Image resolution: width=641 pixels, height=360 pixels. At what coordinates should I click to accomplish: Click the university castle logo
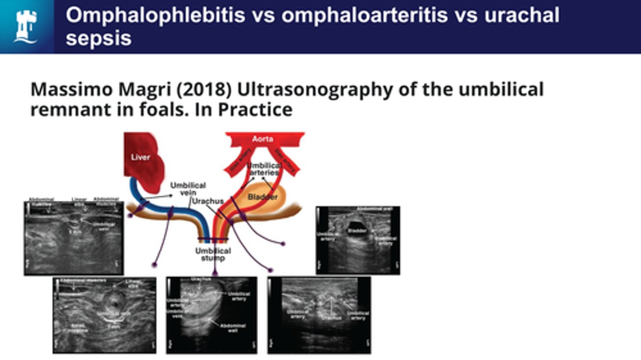pos(26,26)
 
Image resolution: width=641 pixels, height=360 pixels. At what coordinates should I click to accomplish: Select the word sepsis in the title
pos(98,39)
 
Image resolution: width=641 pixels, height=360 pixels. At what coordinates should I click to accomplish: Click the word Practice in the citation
pos(255,109)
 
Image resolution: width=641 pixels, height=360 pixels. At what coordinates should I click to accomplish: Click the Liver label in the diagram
pos(141,158)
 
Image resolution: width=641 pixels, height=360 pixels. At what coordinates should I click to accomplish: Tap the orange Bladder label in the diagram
pos(263,197)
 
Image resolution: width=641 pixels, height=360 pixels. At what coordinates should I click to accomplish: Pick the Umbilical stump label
pos(213,255)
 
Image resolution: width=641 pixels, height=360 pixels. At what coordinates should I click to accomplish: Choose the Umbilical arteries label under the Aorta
pos(264,169)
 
